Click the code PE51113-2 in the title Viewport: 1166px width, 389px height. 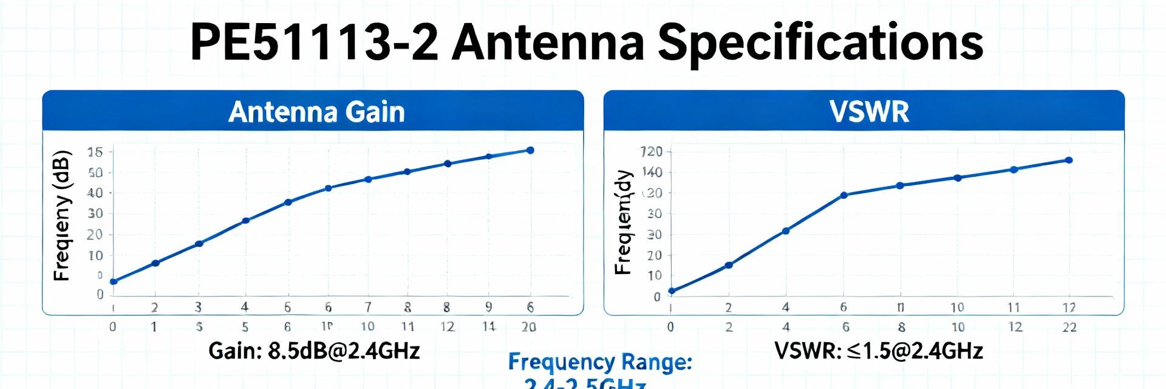(313, 43)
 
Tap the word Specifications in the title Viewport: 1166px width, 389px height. (820, 43)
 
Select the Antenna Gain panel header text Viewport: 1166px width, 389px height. (316, 112)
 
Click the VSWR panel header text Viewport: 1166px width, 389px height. (869, 112)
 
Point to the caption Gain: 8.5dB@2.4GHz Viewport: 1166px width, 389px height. (314, 351)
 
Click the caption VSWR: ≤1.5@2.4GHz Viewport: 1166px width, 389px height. (878, 351)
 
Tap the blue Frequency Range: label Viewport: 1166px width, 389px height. (600, 363)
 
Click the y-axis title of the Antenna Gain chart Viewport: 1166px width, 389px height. (63, 216)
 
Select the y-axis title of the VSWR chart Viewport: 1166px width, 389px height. (624, 222)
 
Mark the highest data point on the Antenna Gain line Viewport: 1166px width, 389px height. (530, 150)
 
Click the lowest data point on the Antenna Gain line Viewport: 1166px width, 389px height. (114, 281)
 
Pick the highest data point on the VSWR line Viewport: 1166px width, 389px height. (1069, 160)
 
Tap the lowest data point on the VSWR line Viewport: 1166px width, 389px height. (671, 291)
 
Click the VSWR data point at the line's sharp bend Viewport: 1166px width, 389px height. (844, 195)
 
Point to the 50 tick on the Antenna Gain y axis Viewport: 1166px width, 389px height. (95, 173)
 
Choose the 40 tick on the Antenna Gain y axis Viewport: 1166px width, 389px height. (95, 193)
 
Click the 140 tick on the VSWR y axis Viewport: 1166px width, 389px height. (653, 173)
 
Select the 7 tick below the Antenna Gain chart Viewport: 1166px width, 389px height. (368, 307)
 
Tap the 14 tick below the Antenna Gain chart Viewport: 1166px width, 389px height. (489, 326)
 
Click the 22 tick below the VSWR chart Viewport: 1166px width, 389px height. (1069, 327)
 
